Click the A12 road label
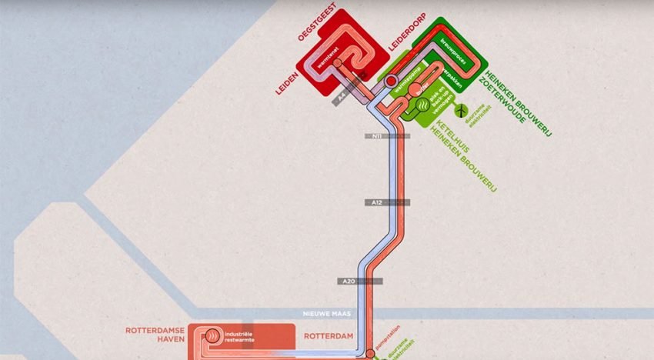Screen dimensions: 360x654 375,203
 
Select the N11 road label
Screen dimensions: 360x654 377,136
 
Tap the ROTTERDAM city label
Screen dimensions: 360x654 329,337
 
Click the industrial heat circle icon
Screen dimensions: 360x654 211,336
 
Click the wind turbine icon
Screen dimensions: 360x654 461,111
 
